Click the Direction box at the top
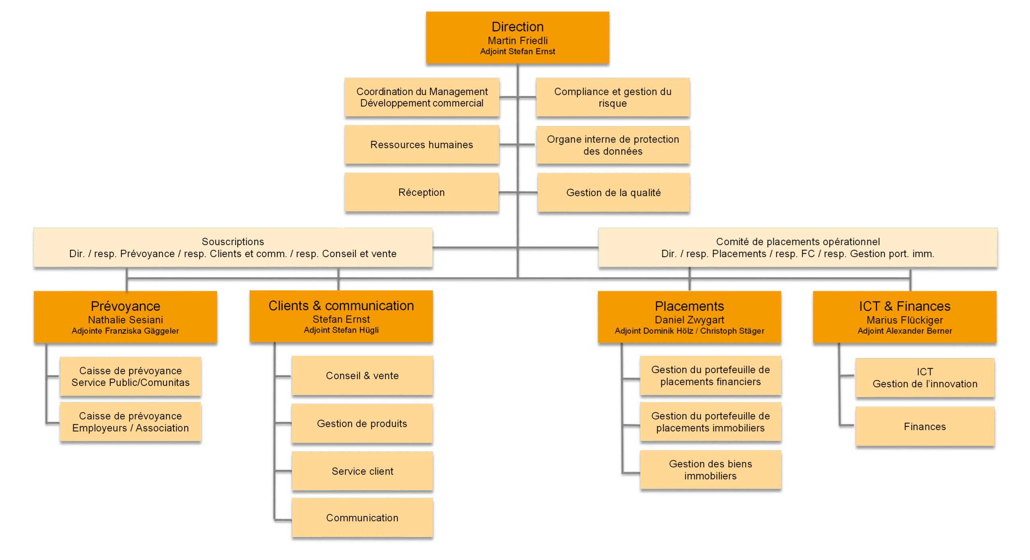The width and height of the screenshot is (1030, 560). click(517, 37)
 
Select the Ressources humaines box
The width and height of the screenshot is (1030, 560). click(422, 144)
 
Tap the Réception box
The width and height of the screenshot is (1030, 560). click(422, 192)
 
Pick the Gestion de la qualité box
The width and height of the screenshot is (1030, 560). click(614, 193)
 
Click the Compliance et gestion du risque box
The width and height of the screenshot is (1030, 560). click(613, 97)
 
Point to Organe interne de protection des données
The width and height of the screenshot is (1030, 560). click(613, 145)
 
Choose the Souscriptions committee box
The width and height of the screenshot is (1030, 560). click(233, 247)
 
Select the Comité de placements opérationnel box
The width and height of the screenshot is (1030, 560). click(798, 247)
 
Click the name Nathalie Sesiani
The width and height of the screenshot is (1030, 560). click(126, 320)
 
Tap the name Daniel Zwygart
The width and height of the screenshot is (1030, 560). click(689, 320)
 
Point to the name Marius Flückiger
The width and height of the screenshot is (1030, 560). click(904, 320)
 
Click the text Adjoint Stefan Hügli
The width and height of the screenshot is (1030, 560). click(341, 330)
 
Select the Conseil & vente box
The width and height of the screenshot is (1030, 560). click(362, 375)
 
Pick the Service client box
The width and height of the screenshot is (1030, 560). click(362, 471)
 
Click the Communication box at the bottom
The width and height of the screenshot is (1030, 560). click(362, 518)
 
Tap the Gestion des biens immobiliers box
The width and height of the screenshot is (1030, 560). click(711, 470)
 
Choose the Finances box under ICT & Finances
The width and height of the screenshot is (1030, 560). click(925, 426)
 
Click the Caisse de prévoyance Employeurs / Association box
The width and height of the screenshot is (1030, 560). click(130, 422)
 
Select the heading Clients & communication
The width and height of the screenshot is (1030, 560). click(341, 306)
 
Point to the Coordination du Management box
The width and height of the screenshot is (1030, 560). click(422, 97)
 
